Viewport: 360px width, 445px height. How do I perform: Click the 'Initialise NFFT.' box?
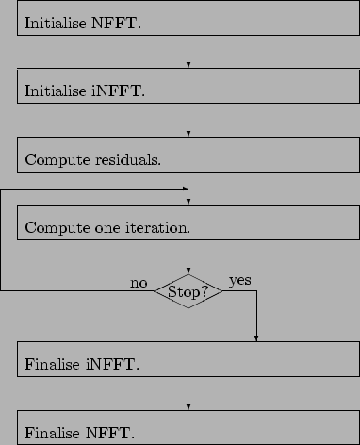(x=188, y=19)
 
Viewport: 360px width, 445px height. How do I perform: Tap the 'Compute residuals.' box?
(x=188, y=157)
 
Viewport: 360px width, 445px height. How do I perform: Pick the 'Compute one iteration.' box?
(x=188, y=225)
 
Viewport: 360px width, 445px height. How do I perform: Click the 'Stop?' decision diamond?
(x=188, y=291)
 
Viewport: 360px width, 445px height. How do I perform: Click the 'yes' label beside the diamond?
(x=240, y=281)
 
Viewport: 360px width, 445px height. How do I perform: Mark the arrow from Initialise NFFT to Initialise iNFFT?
(x=188, y=53)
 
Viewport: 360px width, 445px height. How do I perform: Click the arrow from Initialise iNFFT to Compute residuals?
(x=188, y=122)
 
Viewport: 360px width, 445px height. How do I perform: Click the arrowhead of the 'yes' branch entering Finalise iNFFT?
(x=256, y=339)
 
